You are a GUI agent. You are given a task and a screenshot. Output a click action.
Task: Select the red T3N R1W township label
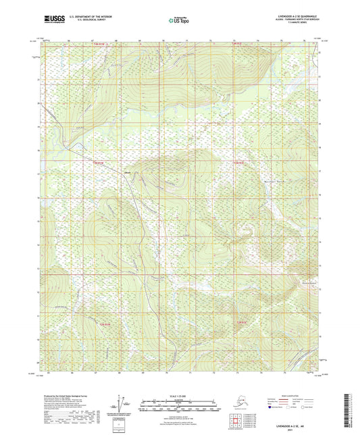click(99, 162)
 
